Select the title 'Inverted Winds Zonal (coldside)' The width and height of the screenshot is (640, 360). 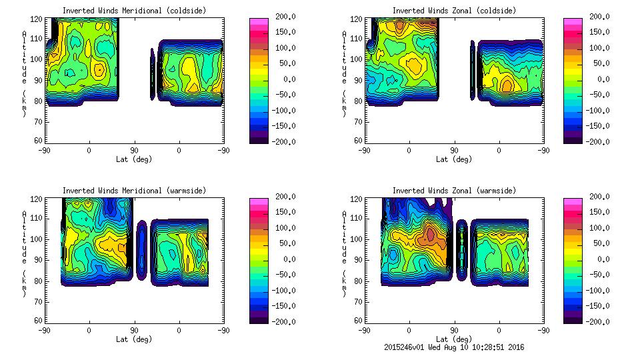454,11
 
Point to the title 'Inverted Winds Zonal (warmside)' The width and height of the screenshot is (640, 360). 454,191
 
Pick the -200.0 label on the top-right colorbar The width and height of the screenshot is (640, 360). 600,142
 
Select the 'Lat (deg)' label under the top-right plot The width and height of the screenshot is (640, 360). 454,159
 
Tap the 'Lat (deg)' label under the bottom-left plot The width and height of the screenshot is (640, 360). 134,339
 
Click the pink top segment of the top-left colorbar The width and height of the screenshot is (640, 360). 257,23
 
